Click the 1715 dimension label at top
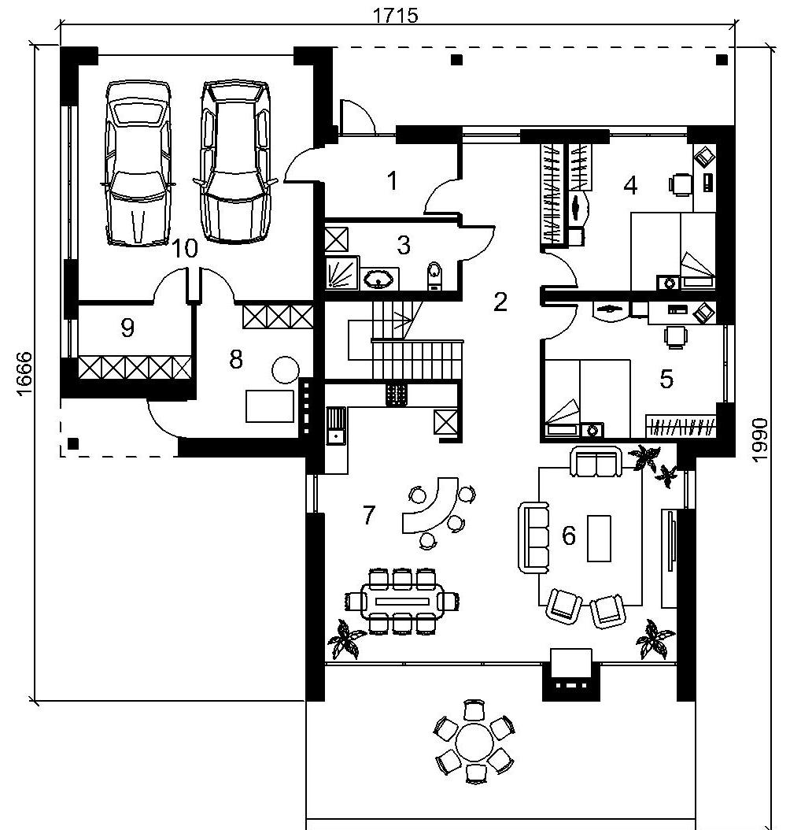(396, 15)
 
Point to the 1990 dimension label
(760, 440)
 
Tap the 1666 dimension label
(24, 374)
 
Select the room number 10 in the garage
(185, 248)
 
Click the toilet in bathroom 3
(434, 276)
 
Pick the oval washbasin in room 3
(378, 279)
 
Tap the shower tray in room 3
(341, 273)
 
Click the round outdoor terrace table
(474, 740)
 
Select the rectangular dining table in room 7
(402, 601)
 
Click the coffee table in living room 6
(599, 539)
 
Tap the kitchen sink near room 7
(335, 426)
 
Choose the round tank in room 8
(285, 370)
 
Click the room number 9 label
(127, 328)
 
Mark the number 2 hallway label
(500, 302)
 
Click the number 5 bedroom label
(666, 379)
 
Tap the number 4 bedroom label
(630, 186)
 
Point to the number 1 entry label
(392, 180)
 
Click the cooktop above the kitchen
(397, 395)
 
